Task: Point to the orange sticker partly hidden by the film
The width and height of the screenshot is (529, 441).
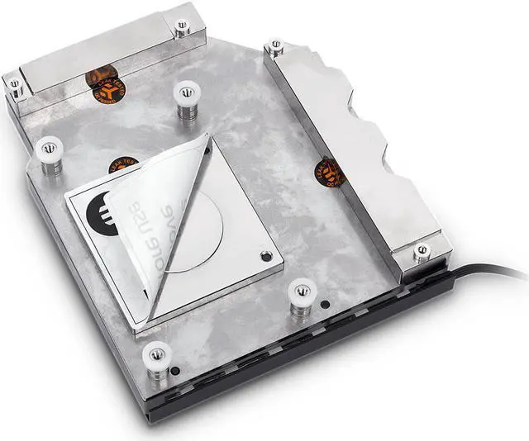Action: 124,163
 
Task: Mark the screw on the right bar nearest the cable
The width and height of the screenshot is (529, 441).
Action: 422,249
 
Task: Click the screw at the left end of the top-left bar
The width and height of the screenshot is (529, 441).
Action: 14,83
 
